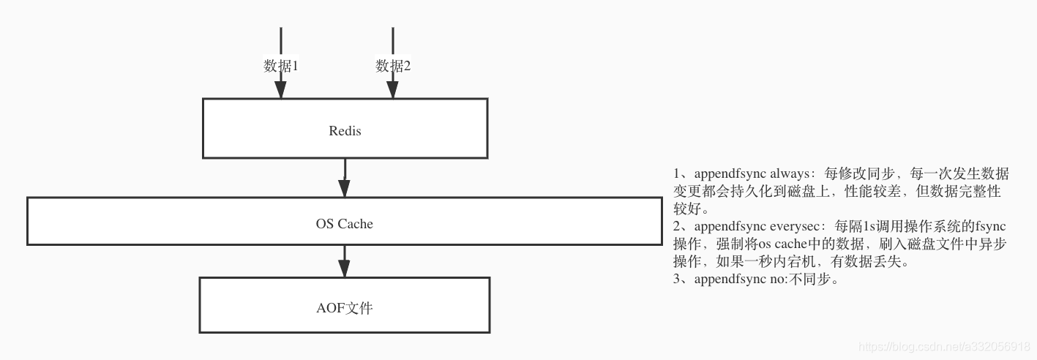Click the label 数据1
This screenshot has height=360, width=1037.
click(281, 66)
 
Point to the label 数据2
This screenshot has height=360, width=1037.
click(393, 66)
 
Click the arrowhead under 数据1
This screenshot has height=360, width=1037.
click(281, 89)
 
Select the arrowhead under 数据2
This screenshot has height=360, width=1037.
click(393, 89)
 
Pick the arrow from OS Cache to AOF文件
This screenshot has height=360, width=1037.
click(345, 260)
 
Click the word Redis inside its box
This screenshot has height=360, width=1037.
click(345, 132)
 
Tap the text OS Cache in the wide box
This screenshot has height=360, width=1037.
click(345, 224)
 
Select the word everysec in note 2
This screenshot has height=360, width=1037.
click(796, 227)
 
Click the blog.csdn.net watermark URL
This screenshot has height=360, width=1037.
click(944, 346)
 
